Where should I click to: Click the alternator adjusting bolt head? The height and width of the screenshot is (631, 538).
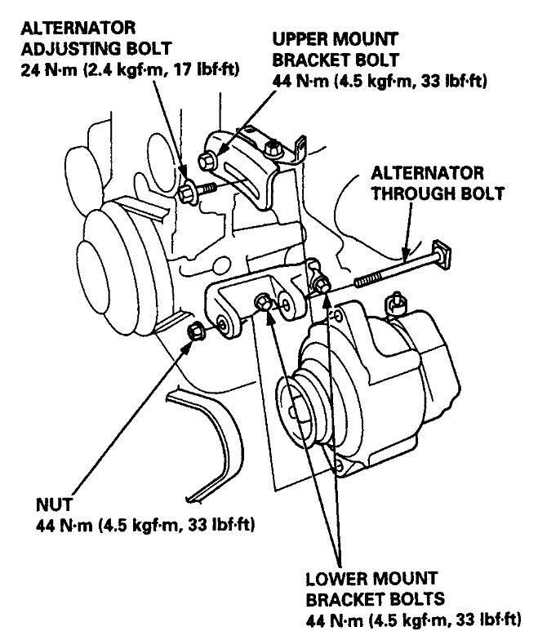[186, 193]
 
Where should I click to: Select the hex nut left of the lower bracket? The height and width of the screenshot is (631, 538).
[196, 331]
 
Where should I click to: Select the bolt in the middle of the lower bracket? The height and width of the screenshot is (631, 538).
[264, 303]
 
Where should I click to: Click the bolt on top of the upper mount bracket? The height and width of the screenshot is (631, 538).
[273, 148]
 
